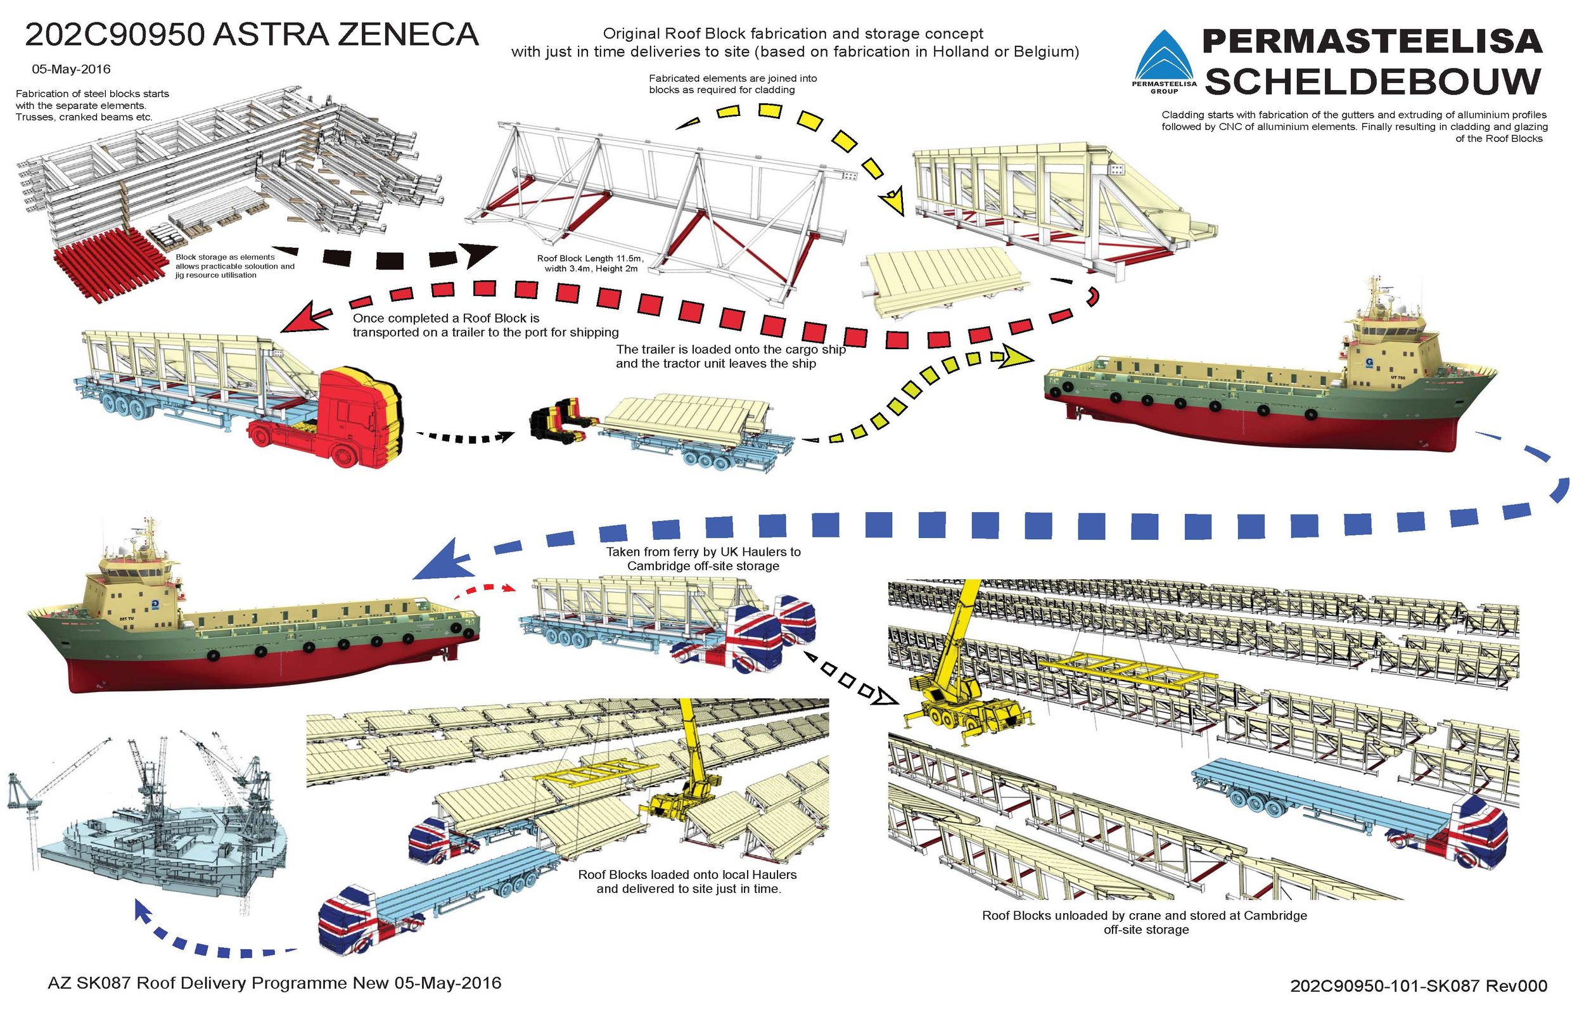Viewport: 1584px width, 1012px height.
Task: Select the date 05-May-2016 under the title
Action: [71, 69]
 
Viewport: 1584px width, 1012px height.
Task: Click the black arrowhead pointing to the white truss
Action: [480, 255]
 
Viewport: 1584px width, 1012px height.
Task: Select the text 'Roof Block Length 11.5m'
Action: [590, 259]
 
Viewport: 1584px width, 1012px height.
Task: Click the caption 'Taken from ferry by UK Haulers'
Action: [703, 551]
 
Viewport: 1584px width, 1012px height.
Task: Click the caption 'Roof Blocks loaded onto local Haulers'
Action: [687, 875]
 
